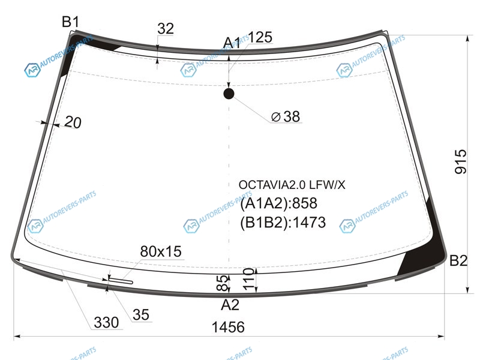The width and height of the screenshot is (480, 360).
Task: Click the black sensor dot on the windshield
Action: pyautogui.click(x=229, y=94)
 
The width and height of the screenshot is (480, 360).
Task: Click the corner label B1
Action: pyautogui.click(x=70, y=22)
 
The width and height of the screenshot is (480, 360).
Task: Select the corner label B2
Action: pyautogui.click(x=458, y=261)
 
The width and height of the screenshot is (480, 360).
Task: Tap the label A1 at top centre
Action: pyautogui.click(x=232, y=43)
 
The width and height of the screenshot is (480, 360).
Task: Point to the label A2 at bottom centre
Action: pyautogui.click(x=230, y=305)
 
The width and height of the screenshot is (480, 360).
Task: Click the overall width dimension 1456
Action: pyautogui.click(x=228, y=327)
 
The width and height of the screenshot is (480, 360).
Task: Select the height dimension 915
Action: pyautogui.click(x=461, y=162)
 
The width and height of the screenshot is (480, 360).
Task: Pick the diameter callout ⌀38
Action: pyautogui.click(x=286, y=116)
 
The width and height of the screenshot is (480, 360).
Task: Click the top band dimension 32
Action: pyautogui.click(x=166, y=29)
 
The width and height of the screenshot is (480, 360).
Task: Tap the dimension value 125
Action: pyautogui.click(x=260, y=37)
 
